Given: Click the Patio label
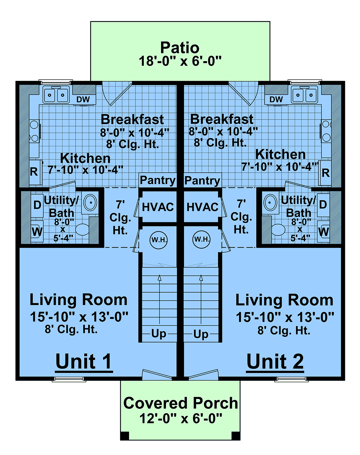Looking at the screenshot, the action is tap(180, 48).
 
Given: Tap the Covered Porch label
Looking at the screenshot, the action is tap(181, 403).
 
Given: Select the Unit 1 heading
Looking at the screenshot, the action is tap(84, 362).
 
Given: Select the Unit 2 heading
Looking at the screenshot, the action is tap(275, 362).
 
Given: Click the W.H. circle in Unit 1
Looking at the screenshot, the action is tap(158, 240).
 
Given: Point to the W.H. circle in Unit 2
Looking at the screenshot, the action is tap(202, 240).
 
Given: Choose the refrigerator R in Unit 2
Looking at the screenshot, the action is tap(325, 173).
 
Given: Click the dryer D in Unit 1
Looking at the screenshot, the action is tap(37, 205).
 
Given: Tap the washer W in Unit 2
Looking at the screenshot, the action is tap(323, 232).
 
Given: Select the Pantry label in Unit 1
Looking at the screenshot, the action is tap(157, 180).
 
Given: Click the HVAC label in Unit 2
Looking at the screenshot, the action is tap(202, 207).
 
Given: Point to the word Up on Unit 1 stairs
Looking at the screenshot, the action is tap(159, 334).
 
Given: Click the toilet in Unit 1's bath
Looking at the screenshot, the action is tap(82, 230).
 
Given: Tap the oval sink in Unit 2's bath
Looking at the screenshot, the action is tap(270, 203).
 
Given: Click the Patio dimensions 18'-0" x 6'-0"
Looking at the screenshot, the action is tap(180, 61).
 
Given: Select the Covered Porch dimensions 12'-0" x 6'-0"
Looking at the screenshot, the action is tap(181, 418).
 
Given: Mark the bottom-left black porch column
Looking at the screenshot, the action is tap(125, 436).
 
